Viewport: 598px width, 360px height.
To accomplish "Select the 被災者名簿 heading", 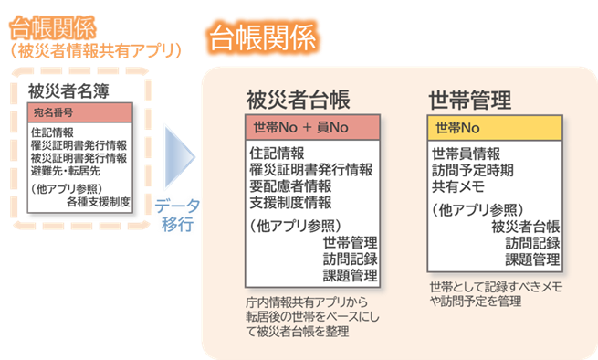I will [x=63, y=91].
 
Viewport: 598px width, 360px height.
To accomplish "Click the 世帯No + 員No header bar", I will [x=311, y=127].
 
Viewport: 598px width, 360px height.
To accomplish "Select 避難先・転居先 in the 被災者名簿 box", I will [x=67, y=170].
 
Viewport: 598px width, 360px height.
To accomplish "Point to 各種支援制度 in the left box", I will [x=98, y=201].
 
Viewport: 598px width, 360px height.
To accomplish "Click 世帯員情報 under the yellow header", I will [x=466, y=153].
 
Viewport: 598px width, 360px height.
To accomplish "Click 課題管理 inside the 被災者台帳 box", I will [x=350, y=275].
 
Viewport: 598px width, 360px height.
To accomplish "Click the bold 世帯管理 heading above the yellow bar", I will [x=469, y=99].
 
